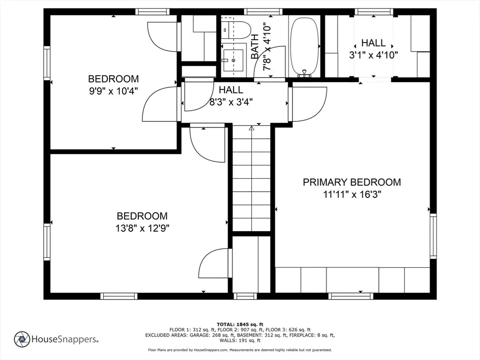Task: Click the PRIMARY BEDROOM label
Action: [352, 182]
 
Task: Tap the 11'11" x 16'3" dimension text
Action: [352, 195]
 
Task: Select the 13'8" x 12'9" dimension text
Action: [142, 228]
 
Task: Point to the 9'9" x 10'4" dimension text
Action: [113, 91]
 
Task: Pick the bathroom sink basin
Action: [233, 60]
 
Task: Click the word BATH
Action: [255, 46]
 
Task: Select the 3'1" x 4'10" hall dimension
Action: [374, 55]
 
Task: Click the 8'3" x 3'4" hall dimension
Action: [231, 102]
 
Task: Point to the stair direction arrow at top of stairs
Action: [252, 128]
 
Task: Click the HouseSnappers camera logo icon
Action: [22, 339]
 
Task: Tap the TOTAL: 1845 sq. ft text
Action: [240, 324]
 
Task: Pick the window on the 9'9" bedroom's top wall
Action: [152, 12]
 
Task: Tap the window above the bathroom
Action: [263, 12]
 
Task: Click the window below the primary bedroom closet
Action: [351, 296]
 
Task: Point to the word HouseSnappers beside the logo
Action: [65, 339]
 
